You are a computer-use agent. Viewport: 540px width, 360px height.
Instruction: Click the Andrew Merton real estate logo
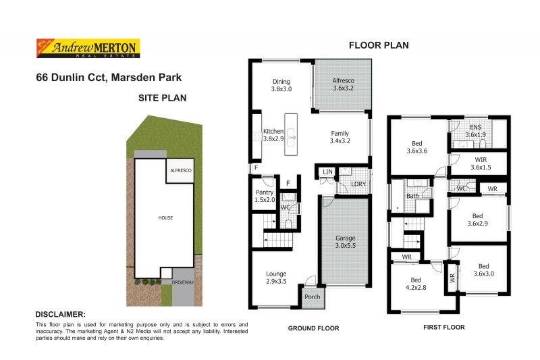tap(86, 48)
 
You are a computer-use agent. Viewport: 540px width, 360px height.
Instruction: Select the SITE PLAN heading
tap(162, 97)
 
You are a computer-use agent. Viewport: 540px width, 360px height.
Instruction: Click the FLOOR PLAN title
tap(378, 46)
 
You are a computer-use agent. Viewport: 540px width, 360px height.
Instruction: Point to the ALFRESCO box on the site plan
tap(181, 172)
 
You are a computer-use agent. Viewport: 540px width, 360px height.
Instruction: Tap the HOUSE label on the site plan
tap(165, 217)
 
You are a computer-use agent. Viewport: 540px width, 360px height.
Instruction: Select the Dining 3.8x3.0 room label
tap(281, 84)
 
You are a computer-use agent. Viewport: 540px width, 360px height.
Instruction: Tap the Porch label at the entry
tap(313, 297)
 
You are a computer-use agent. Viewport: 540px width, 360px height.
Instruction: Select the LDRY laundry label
tap(358, 185)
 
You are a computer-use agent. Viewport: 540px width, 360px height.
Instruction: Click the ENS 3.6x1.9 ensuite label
tap(475, 131)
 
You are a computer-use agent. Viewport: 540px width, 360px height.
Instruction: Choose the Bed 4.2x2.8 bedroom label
tap(416, 284)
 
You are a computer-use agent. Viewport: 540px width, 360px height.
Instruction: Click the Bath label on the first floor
tap(412, 196)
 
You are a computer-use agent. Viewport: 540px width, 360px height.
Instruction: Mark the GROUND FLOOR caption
tap(313, 328)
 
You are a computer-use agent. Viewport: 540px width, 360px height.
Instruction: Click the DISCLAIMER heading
tap(60, 315)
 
